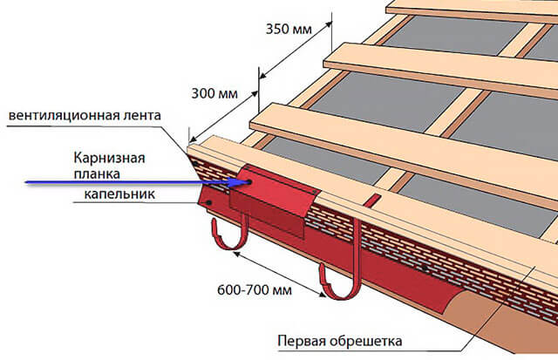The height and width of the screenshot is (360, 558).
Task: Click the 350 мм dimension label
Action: click(289, 29)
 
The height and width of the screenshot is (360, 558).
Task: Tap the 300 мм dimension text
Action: click(214, 93)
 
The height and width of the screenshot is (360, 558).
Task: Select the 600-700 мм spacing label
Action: click(255, 290)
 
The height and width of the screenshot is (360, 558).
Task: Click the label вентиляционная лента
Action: click(85, 115)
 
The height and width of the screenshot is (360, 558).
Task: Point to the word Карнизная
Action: click(109, 158)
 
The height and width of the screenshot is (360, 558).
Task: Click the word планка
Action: click(97, 174)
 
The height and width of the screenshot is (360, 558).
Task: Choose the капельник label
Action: click(119, 194)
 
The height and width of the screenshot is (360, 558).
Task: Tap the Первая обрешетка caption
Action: click(340, 341)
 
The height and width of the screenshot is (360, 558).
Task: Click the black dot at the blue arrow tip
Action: click(248, 182)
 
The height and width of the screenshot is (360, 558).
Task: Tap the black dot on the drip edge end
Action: click(209, 202)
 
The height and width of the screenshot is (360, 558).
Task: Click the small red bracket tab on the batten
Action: click(372, 200)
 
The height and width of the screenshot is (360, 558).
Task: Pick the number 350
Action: click(277, 29)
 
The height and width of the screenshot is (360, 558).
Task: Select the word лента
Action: click(142, 115)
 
